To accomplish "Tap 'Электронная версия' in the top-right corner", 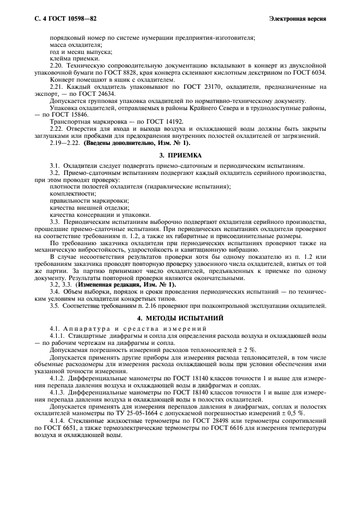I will (x=297, y=19).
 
